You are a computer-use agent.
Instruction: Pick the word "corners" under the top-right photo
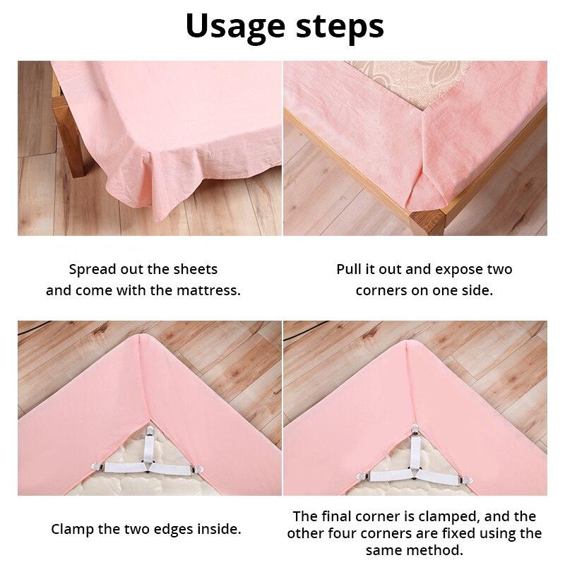tap(381, 290)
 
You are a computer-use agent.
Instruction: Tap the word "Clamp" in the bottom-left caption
tap(75, 528)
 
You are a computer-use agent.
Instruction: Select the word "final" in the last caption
tap(341, 516)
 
